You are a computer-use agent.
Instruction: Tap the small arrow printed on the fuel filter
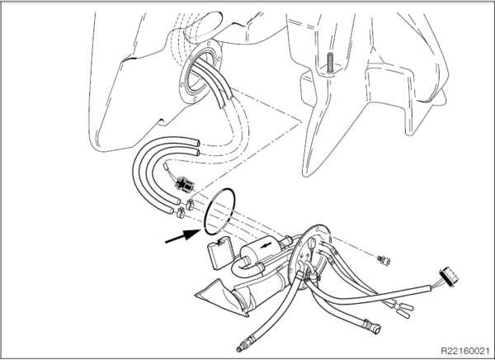coord(266,245)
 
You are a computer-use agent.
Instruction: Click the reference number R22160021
coord(464,351)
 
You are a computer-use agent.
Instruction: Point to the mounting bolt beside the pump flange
coord(384,260)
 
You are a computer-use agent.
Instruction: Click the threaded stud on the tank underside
coord(330,62)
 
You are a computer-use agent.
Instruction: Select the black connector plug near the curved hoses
coord(184,184)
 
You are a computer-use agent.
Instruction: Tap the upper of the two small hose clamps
coord(190,205)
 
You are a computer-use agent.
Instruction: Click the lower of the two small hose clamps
coord(181,213)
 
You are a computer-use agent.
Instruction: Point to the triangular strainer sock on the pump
coord(222,296)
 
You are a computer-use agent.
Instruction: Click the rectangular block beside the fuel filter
coord(219,253)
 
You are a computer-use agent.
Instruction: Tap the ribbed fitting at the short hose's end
coord(372,326)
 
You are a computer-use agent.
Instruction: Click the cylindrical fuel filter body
coord(260,249)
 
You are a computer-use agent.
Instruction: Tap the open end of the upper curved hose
coord(197,142)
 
